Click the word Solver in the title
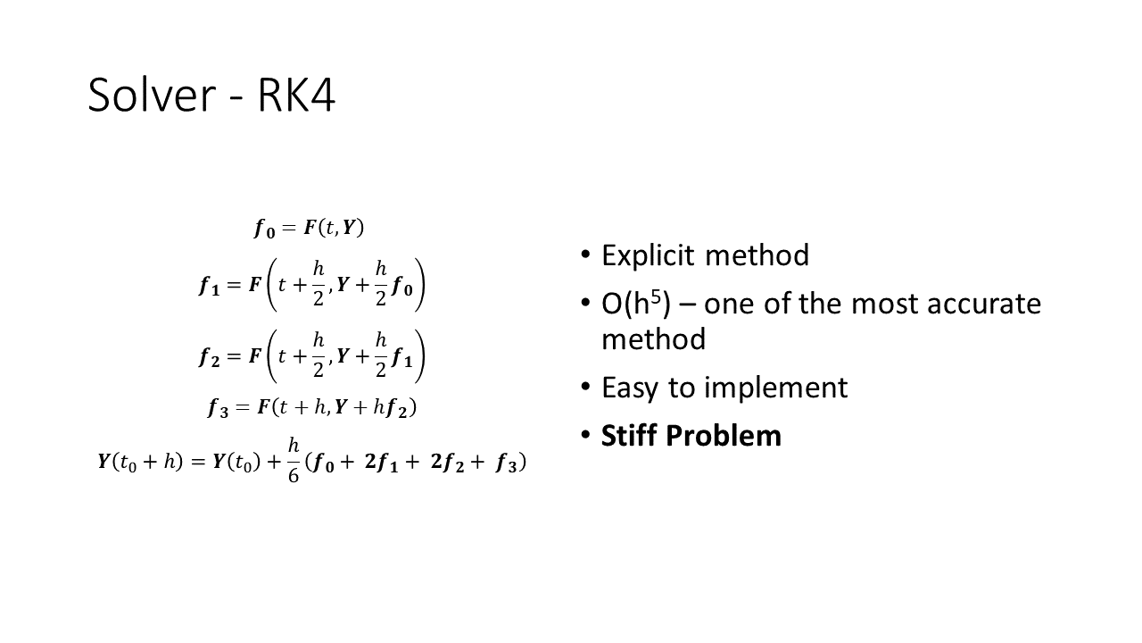tap(152, 95)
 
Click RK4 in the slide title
tap(296, 95)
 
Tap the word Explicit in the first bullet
tap(648, 255)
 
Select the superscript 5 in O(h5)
tap(655, 297)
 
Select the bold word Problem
tap(723, 435)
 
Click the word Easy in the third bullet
tap(631, 388)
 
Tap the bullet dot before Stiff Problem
tap(585, 435)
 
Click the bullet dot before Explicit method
tap(585, 254)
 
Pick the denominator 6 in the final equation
tap(294, 475)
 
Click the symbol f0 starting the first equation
tap(265, 228)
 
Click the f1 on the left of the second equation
tap(209, 286)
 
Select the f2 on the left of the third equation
tap(209, 357)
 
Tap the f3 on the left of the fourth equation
tap(218, 408)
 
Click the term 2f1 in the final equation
tap(381, 463)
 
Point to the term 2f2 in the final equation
tap(447, 463)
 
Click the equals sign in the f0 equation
tap(288, 228)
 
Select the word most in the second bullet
tap(884, 304)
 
